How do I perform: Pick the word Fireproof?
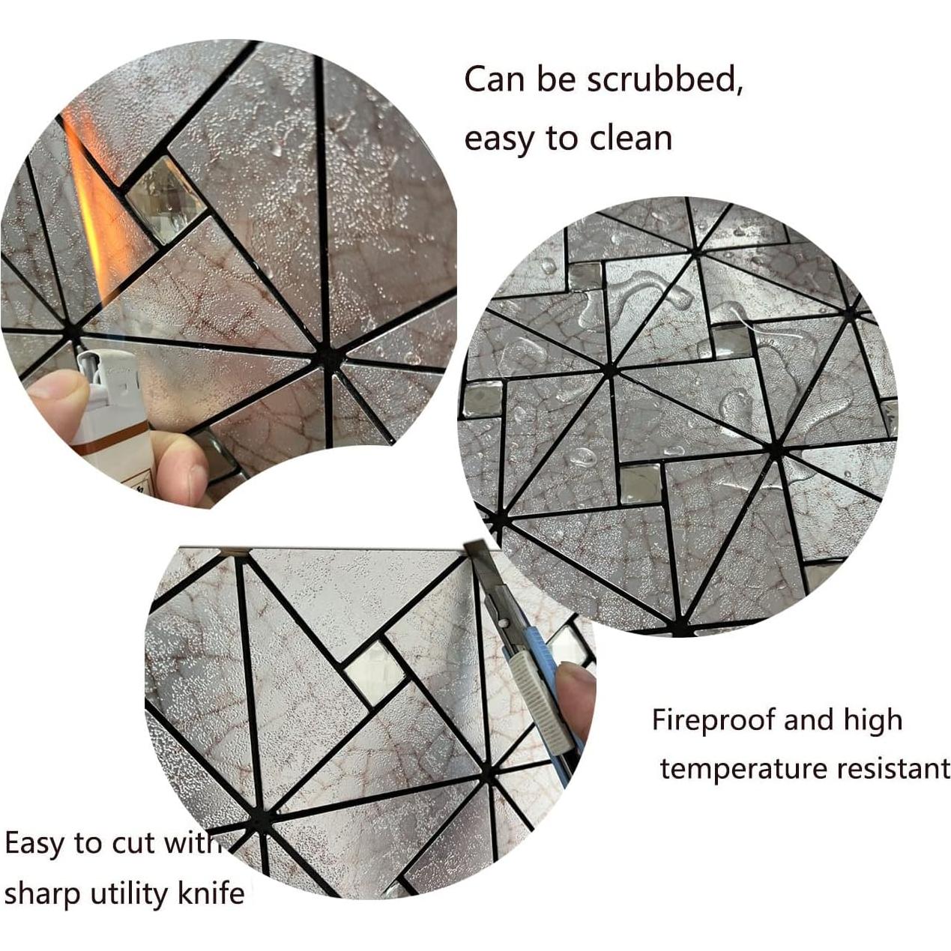pos(712,720)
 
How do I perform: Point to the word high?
pos(873,722)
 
